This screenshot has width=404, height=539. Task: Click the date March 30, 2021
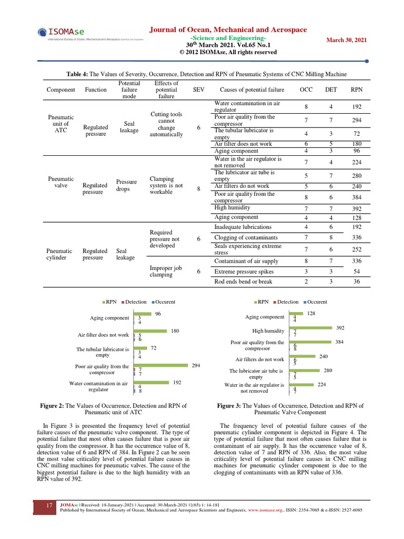[x=347, y=40]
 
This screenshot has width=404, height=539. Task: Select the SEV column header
[x=199, y=89]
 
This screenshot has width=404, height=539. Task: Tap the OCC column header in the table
[x=306, y=89]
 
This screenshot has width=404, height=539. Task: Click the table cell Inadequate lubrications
[x=243, y=227]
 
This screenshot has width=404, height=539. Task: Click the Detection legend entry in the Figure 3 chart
[x=287, y=302]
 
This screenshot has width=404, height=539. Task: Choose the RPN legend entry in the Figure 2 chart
[x=110, y=302]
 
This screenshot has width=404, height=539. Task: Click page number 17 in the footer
[x=49, y=505]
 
